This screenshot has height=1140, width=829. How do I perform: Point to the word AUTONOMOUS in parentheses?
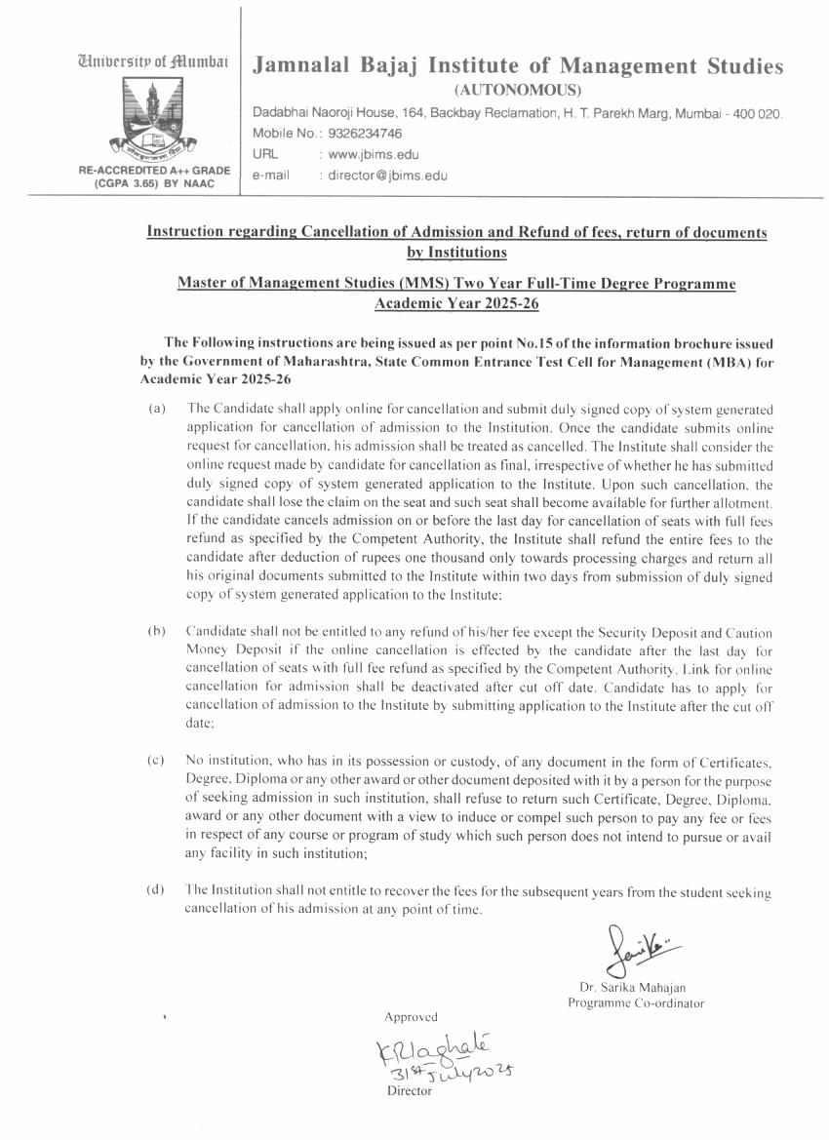[517, 91]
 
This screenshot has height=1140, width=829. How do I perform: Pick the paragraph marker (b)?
[156, 630]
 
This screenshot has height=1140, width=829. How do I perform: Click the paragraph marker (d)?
[156, 889]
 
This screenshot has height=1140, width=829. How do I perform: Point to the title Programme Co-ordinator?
[636, 1002]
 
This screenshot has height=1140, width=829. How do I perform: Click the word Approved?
[411, 1017]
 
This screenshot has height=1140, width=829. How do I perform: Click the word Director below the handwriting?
[409, 1091]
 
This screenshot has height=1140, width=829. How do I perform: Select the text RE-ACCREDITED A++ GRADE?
[155, 170]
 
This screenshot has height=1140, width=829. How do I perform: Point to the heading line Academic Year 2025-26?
[456, 303]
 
